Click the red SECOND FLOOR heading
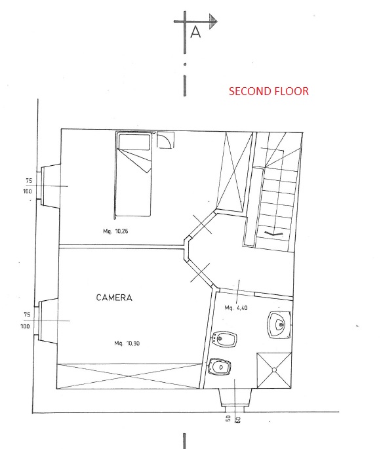click(269, 91)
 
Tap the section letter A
click(195, 31)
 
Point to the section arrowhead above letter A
click(213, 21)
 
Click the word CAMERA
click(114, 298)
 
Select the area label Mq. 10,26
click(115, 231)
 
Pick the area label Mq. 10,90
click(127, 343)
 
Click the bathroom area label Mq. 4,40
click(236, 308)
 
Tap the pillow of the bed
click(134, 142)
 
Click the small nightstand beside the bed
click(165, 140)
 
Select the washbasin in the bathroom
click(279, 324)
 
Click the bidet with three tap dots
click(224, 340)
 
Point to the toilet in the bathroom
click(219, 366)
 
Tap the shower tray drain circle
click(274, 370)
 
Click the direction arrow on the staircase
click(273, 233)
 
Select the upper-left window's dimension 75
click(29, 181)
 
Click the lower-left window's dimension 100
click(25, 326)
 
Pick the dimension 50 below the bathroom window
click(228, 418)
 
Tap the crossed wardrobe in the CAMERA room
click(129, 376)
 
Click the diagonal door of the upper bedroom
click(202, 225)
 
